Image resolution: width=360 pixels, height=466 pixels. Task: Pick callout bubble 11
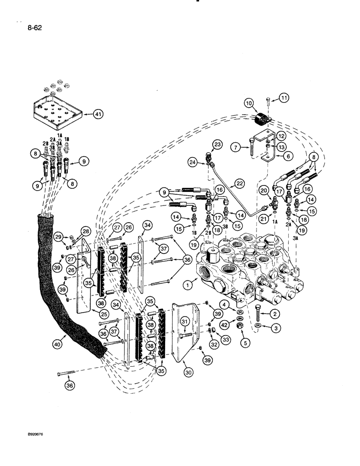click(285, 97)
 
